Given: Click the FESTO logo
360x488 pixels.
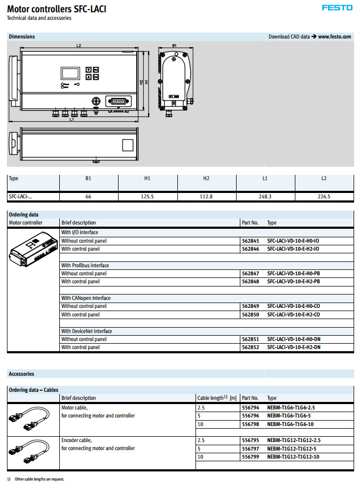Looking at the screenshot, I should click(337, 7).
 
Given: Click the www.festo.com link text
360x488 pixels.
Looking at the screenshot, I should click(334, 36).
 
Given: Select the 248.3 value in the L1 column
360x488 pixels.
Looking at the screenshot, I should click(265, 197).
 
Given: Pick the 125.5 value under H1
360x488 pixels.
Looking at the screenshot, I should click(147, 197).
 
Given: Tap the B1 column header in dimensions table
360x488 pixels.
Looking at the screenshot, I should click(89, 179).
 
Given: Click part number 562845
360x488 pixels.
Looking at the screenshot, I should click(250, 241).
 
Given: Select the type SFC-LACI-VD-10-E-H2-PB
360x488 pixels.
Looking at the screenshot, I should click(293, 282).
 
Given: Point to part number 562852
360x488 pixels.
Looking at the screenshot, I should click(250, 347).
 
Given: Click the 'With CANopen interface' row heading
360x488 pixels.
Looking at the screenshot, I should click(86, 298).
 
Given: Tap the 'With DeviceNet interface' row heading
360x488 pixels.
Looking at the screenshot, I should click(87, 331).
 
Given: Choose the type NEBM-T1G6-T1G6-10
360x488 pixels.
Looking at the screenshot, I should click(289, 424).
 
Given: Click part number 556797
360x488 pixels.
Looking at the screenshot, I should click(250, 448).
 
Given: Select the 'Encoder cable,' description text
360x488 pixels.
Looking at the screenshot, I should click(76, 440).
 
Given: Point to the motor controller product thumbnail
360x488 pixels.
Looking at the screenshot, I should click(32, 250).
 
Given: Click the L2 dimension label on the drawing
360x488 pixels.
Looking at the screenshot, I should click(79, 46).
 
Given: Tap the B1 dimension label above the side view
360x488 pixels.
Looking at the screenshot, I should click(174, 46).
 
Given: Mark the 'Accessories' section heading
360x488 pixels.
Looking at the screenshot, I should click(21, 374).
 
